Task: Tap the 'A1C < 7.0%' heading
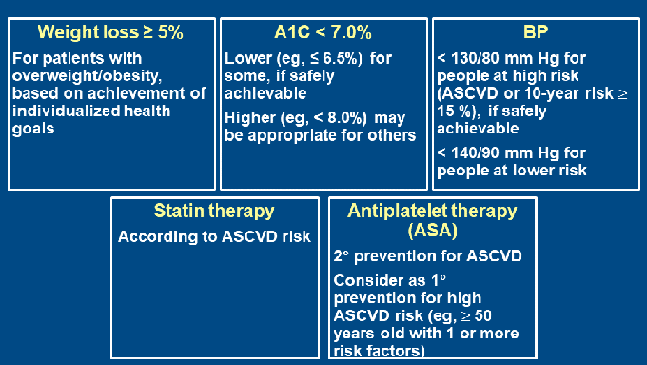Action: pos(323,31)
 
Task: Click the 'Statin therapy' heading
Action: pos(214,211)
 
